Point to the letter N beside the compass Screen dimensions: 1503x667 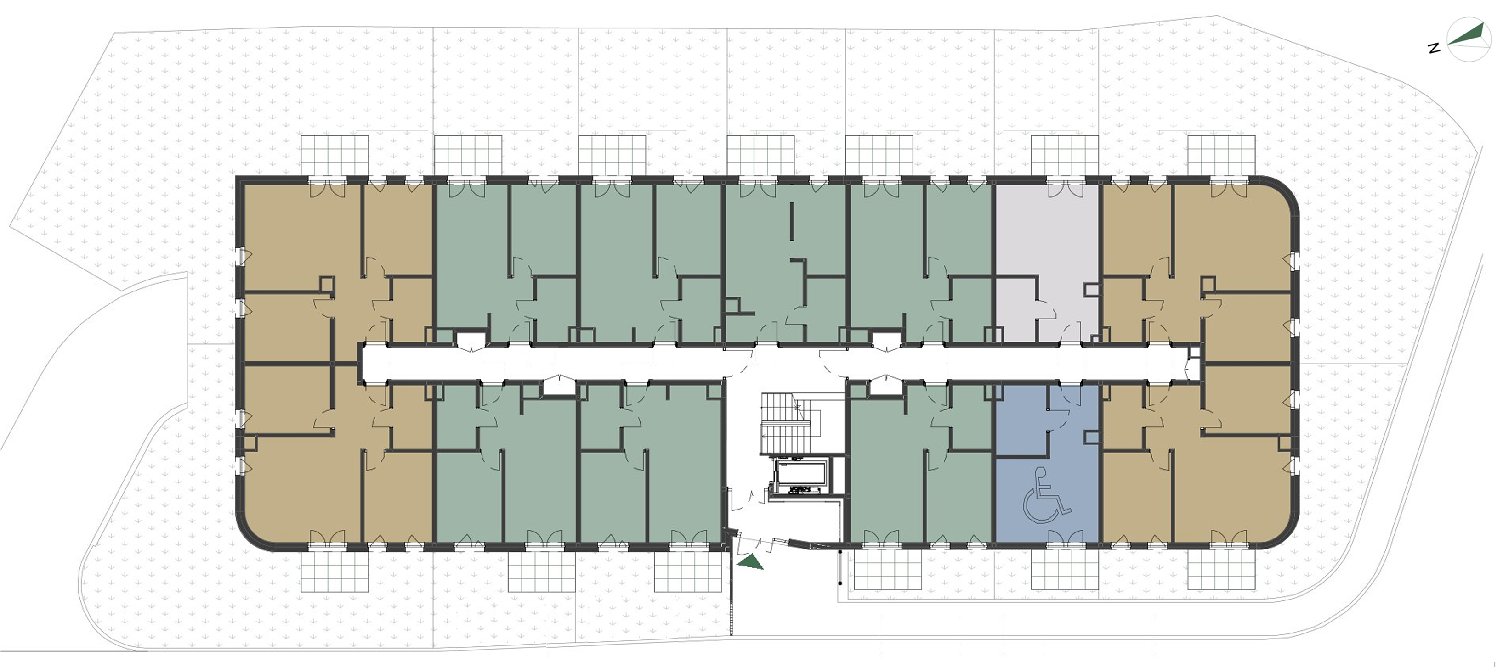(x=1434, y=48)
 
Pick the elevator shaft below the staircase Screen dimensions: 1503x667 (x=800, y=473)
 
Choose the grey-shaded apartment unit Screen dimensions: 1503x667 (x=1046, y=263)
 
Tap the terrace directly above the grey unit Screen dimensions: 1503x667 (x=1065, y=156)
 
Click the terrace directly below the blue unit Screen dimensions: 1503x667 (x=1065, y=570)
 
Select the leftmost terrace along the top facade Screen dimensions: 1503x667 (x=335, y=156)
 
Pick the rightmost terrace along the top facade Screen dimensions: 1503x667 (x=1222, y=156)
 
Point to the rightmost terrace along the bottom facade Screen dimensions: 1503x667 (x=1222, y=570)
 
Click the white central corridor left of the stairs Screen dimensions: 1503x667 (x=543, y=362)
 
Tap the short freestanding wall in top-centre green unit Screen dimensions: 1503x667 (x=792, y=222)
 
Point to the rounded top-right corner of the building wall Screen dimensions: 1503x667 (x=1284, y=190)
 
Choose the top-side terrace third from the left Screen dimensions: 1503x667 (x=612, y=156)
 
